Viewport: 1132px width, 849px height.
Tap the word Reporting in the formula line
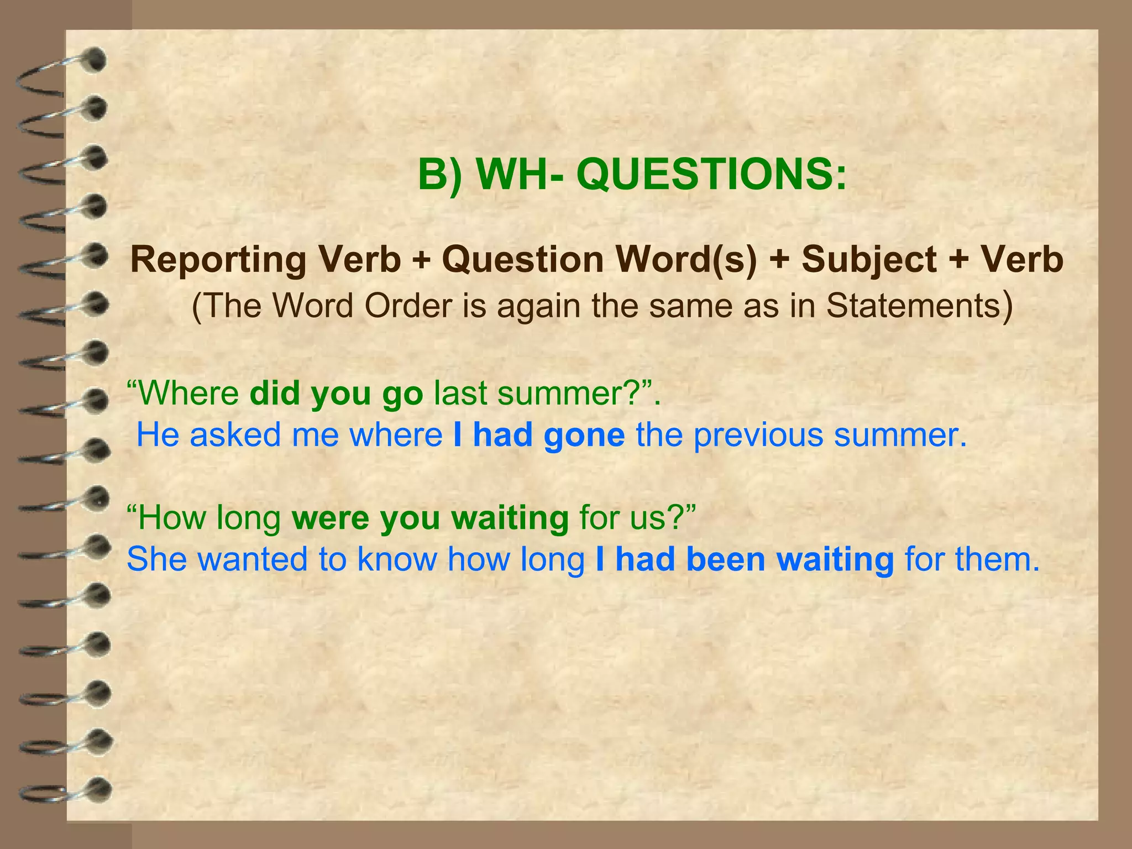[x=218, y=259]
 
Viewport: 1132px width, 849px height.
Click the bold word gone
[x=584, y=435]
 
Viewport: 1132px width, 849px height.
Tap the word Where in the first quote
[x=187, y=393]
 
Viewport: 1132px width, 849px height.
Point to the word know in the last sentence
[x=397, y=559]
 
